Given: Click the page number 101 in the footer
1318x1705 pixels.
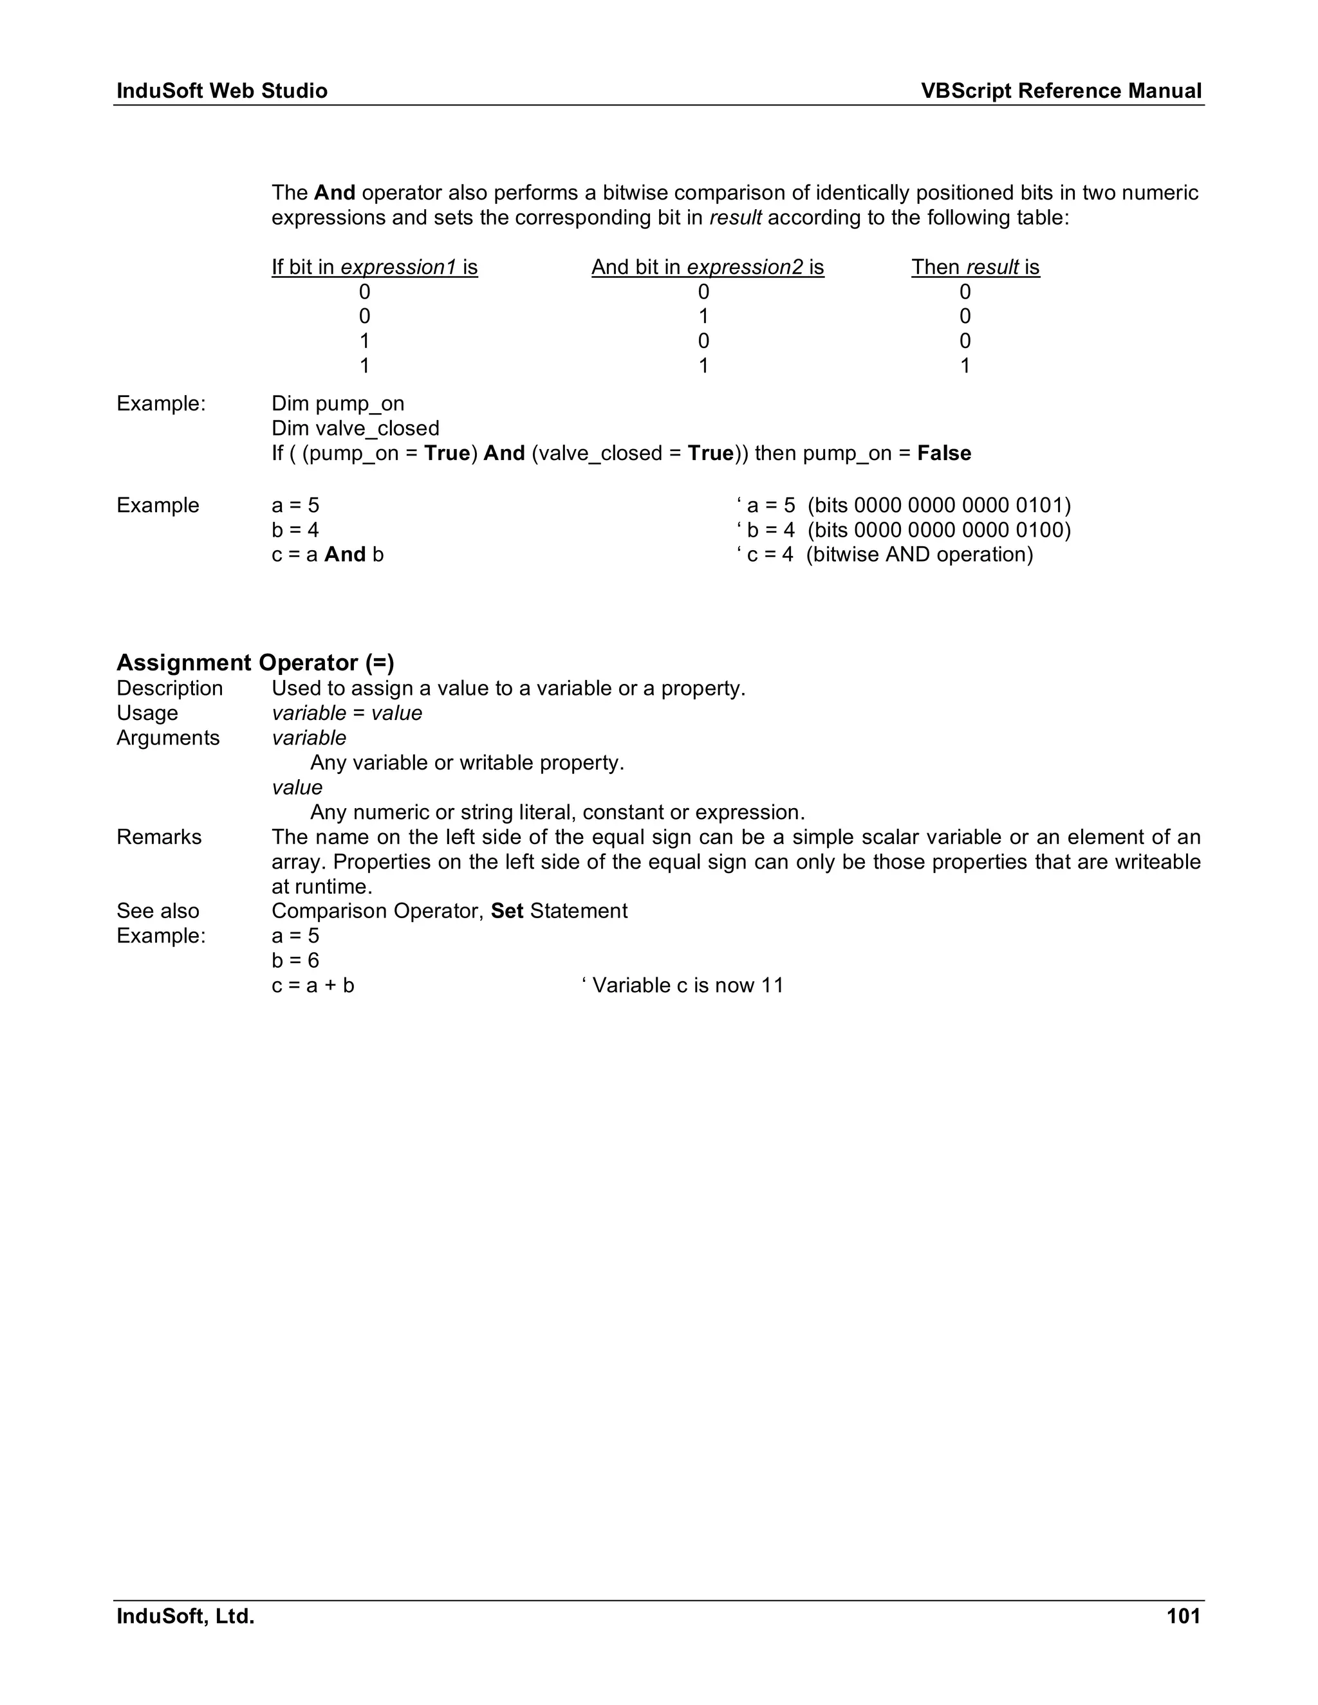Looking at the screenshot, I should (1183, 1616).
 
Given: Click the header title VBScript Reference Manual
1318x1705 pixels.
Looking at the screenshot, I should (1061, 91).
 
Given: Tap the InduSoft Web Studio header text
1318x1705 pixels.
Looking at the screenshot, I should (222, 91).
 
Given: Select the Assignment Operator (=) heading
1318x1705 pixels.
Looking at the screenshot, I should (255, 663).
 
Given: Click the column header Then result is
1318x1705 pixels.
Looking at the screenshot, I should (975, 267).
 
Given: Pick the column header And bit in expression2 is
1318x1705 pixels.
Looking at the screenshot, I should (707, 267).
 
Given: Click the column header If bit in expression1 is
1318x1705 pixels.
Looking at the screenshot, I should (375, 267).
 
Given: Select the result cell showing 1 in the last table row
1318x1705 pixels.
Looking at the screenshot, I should (965, 366).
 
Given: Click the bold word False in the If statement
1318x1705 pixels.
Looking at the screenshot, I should (944, 454).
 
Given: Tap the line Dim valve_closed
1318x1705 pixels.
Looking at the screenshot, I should (355, 429).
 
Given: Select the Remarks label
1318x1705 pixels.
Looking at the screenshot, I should (160, 837).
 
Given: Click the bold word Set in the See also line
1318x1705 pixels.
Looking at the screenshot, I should (506, 911).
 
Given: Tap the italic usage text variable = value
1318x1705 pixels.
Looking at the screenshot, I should (347, 713).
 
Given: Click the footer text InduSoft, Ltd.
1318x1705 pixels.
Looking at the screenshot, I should (186, 1616).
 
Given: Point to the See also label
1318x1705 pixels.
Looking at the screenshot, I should (158, 911).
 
